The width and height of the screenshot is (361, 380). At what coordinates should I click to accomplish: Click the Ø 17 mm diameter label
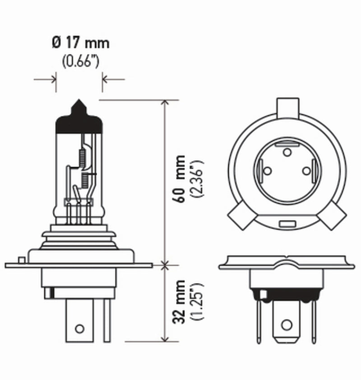(80, 44)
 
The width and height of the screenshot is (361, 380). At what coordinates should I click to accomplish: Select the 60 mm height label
(180, 179)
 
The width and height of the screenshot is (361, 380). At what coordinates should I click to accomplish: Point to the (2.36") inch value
(198, 179)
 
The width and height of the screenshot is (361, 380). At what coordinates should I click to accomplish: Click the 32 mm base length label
(180, 301)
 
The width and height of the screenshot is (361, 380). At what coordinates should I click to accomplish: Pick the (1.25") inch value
(198, 301)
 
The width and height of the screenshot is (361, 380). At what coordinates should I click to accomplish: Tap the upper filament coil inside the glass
(82, 156)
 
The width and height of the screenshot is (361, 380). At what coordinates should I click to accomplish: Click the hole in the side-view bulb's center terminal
(79, 328)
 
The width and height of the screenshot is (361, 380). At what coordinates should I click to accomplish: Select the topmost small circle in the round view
(287, 152)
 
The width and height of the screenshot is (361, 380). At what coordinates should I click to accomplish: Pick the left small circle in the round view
(267, 171)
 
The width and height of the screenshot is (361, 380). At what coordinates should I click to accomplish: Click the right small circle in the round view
(307, 171)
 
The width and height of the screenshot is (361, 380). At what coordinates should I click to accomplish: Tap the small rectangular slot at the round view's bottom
(287, 224)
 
